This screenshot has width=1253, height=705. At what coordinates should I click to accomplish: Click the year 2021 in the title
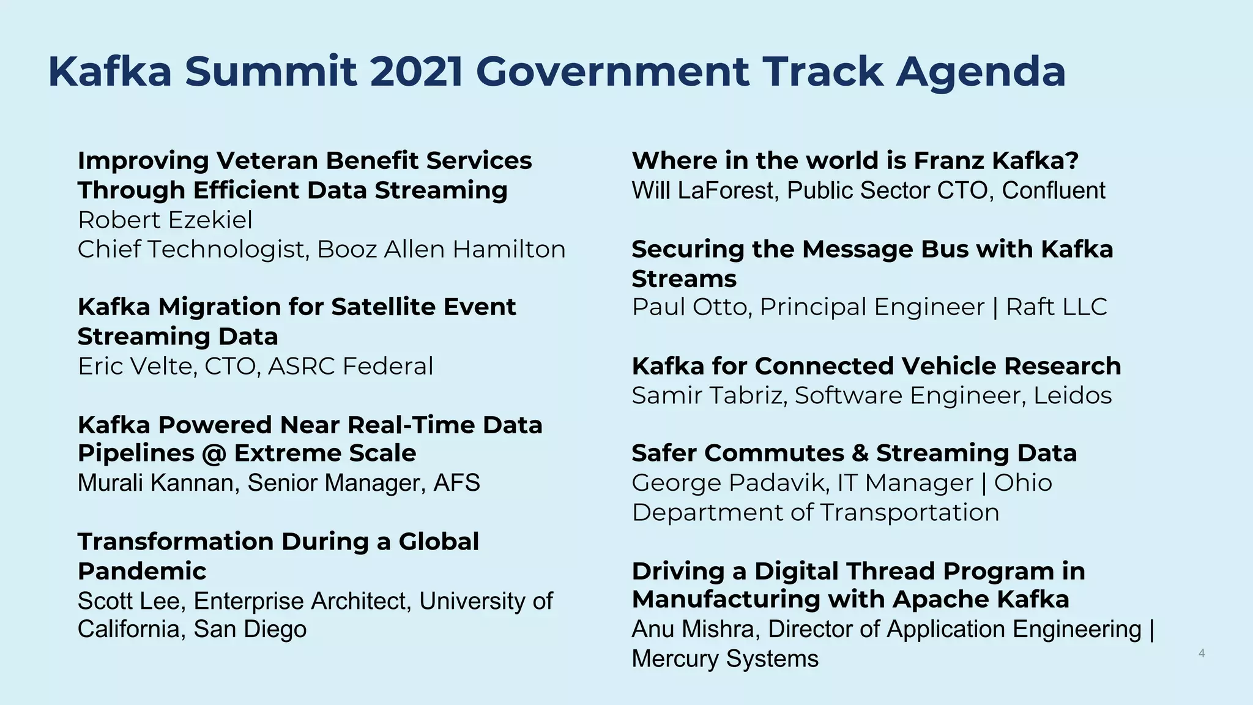coord(416,72)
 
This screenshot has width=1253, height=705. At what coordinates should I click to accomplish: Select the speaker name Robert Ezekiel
coord(165,220)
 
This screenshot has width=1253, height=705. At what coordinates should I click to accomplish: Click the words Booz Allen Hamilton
coord(441,249)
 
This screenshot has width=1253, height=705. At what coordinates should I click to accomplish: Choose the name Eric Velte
coord(137,366)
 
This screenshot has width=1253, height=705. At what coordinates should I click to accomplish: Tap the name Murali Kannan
coord(158,483)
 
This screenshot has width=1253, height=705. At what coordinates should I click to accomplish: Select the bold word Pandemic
coord(142,571)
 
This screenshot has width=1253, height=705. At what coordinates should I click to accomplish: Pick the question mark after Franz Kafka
coord(1071,160)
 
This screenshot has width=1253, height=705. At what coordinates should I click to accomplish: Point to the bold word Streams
coord(683,279)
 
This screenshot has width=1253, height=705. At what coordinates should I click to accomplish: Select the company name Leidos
coord(1072,395)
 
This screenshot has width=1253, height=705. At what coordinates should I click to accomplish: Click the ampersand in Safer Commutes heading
coord(860,453)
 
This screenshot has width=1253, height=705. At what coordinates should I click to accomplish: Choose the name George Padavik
coord(730,483)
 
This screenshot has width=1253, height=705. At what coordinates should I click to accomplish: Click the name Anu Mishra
coord(695,629)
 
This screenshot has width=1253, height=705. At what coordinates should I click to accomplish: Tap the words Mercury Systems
coord(724,659)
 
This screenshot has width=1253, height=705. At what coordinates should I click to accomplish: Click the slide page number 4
coord(1201,654)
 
